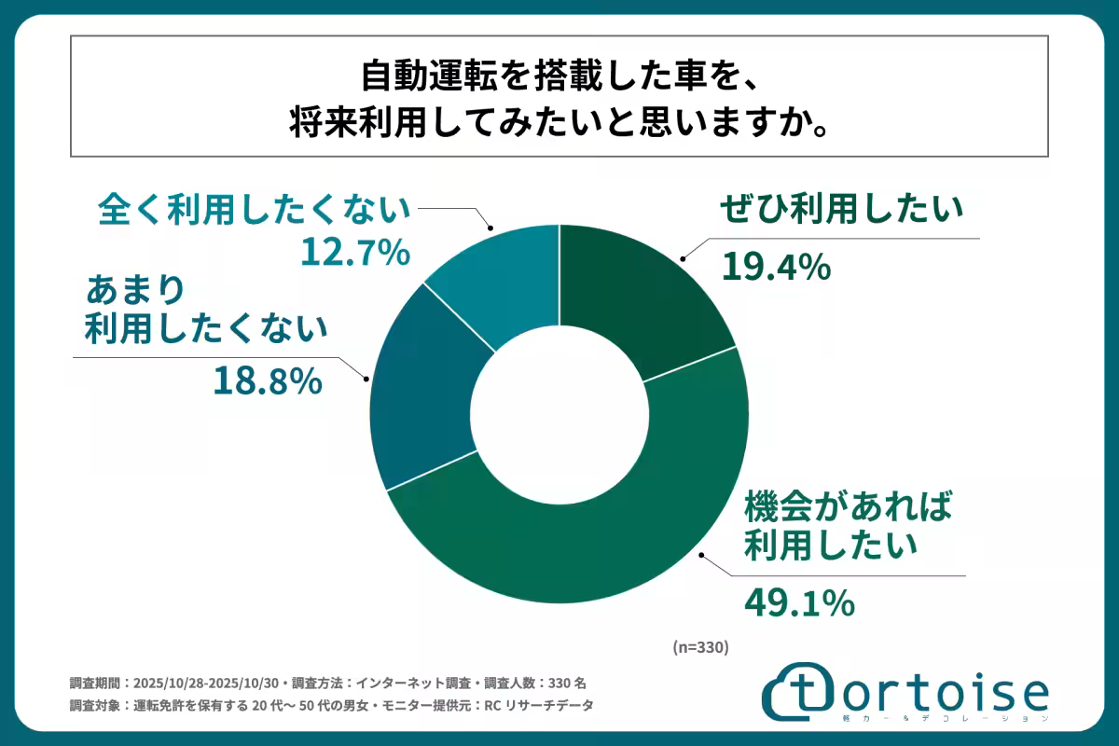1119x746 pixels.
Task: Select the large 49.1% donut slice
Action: click(597, 541)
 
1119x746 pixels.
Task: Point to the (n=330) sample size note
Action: click(699, 646)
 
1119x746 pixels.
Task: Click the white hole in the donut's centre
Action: click(559, 410)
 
